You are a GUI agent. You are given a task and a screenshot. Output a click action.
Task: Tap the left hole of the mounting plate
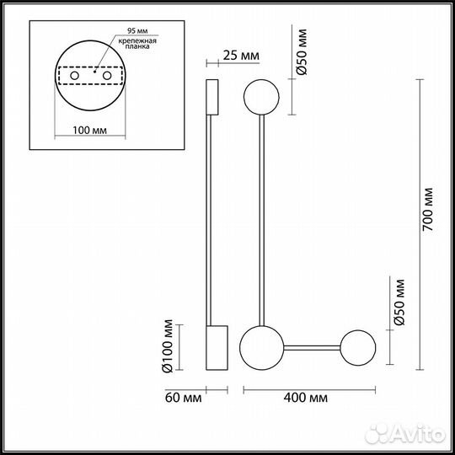75,77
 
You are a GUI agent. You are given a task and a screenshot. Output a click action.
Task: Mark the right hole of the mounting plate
109,77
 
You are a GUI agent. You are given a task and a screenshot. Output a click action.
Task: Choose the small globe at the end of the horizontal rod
359,345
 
